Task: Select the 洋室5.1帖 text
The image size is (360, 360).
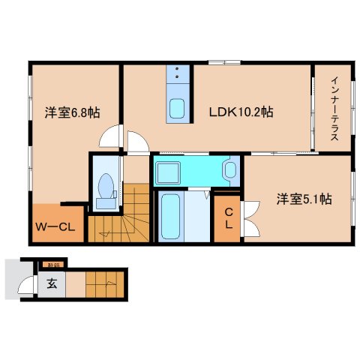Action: (304, 199)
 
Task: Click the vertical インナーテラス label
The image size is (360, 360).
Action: (332, 112)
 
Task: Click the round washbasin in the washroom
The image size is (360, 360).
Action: (229, 170)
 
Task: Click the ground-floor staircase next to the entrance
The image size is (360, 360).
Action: (103, 285)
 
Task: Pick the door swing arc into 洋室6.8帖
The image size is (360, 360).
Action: (111, 137)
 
